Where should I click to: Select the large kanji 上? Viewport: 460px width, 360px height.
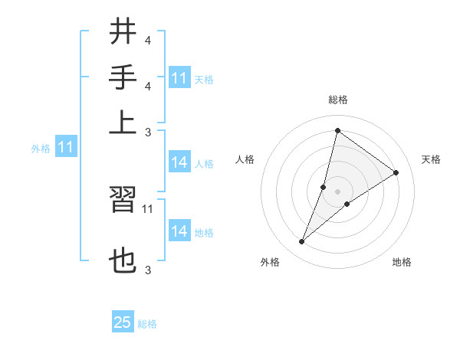pos(122,121)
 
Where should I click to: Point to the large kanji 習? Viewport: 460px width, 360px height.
pos(122,201)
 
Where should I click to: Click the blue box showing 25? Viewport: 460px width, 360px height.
pos(123,322)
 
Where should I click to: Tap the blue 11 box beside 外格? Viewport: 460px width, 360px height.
pos(65,147)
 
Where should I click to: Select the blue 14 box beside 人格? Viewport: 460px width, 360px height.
pos(179,162)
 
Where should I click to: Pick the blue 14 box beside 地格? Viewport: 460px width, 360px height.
pos(179,231)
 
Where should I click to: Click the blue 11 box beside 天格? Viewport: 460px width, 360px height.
pos(179,78)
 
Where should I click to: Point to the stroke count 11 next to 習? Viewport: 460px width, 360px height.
pos(148,208)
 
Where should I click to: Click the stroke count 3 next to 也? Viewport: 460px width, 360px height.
pos(148,270)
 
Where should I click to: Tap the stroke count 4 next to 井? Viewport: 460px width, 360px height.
pos(148,39)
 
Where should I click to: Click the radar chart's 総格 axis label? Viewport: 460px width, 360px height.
pos(338,100)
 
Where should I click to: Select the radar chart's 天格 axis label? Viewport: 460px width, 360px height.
pos(431,159)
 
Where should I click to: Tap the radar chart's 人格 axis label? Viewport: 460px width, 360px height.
pos(245,159)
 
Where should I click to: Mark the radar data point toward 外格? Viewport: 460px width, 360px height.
pos(302,242)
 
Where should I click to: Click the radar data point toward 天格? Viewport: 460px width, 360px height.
pos(396,172)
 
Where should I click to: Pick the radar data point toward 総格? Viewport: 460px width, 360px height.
pos(337,130)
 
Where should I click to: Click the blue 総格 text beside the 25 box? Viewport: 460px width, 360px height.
pos(147,324)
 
